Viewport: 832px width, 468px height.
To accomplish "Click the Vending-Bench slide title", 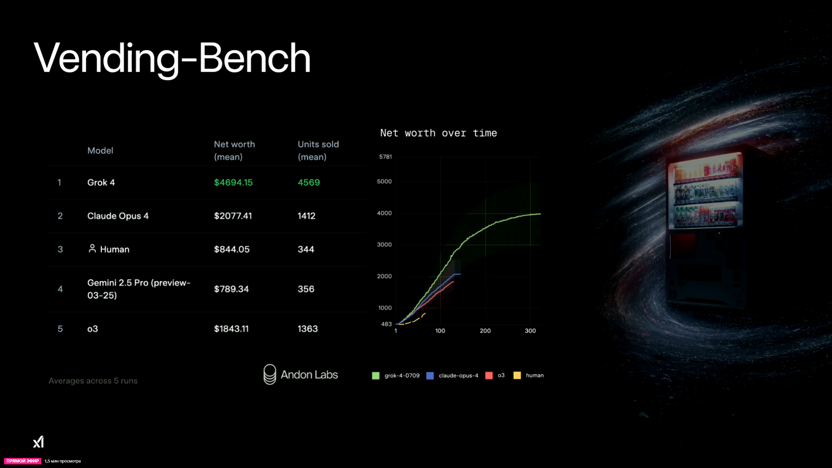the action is click(172, 59).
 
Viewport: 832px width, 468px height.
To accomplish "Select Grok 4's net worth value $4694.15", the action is click(233, 182).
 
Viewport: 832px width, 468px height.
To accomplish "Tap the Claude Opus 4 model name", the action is click(118, 216).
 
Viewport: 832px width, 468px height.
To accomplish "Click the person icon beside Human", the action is click(92, 248).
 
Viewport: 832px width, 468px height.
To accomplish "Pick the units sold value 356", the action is click(306, 289).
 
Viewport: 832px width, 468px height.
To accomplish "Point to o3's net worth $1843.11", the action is click(231, 329).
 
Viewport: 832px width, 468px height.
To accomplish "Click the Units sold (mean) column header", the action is click(318, 151).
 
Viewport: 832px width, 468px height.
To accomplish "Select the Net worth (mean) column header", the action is click(234, 151).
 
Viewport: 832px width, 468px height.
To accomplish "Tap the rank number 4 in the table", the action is click(60, 289).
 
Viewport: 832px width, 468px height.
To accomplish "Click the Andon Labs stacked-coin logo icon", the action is click(270, 374).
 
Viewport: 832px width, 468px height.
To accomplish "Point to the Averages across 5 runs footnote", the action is click(93, 381).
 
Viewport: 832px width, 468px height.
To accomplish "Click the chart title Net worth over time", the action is click(439, 133).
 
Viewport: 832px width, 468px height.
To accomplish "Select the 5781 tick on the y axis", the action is click(386, 157).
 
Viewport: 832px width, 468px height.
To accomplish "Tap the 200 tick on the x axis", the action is click(485, 331).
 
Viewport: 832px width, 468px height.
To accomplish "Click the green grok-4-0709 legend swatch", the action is click(376, 376).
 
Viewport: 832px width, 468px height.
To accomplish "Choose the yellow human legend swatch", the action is click(517, 375).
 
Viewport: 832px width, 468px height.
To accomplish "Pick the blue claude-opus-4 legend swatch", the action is click(430, 376).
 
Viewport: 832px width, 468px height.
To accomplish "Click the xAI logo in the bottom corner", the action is click(38, 442).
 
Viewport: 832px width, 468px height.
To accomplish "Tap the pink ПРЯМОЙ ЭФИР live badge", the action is click(23, 461).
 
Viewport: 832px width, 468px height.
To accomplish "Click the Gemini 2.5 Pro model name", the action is click(139, 289).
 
